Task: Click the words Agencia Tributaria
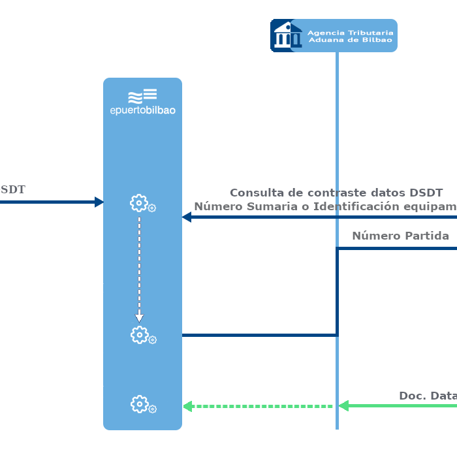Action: tap(350, 32)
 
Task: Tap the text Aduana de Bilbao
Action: tap(350, 40)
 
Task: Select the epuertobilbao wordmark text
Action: tap(142, 110)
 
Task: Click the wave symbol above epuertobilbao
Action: tap(142, 96)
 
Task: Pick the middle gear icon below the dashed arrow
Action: tap(139, 335)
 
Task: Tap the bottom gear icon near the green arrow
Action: tap(139, 404)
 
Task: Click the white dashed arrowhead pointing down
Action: tap(139, 317)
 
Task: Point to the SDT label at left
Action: tap(12, 190)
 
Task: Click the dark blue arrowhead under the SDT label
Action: tap(99, 202)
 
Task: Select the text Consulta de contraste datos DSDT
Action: tap(336, 193)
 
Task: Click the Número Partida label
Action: tap(400, 236)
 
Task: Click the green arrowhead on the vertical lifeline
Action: tap(343, 406)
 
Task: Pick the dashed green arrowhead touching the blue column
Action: tap(187, 406)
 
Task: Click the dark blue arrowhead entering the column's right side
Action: tap(186, 217)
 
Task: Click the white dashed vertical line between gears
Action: tap(139, 261)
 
